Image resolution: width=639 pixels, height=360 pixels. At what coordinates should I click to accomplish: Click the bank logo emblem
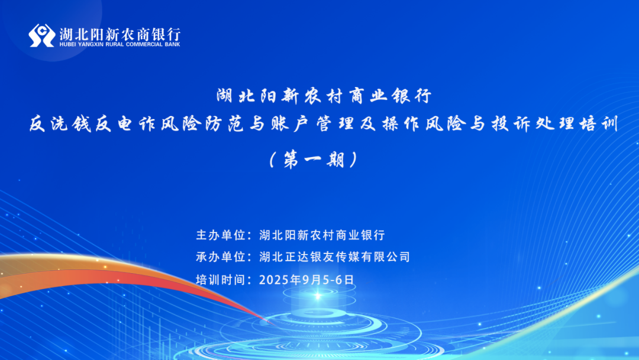(x=41, y=36)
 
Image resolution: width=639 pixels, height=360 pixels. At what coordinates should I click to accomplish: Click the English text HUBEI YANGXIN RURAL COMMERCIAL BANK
(x=120, y=44)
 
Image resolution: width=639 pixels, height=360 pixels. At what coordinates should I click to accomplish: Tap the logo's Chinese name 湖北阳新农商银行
(x=120, y=33)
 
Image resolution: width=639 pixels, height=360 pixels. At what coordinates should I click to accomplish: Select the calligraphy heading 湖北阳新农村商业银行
(x=324, y=96)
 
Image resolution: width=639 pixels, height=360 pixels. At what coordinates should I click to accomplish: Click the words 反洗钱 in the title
(x=60, y=124)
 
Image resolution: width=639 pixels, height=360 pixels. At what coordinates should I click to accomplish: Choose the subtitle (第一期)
(x=314, y=159)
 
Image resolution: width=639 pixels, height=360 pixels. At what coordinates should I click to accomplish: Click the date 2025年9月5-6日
(x=306, y=279)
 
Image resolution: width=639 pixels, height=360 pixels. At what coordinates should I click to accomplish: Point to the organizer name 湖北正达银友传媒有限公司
(x=334, y=257)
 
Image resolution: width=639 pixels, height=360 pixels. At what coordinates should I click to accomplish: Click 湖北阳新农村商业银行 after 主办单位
(x=322, y=235)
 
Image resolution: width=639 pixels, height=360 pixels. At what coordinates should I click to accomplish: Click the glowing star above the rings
(x=318, y=296)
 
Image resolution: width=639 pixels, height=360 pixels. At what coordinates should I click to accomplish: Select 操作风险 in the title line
(x=424, y=124)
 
